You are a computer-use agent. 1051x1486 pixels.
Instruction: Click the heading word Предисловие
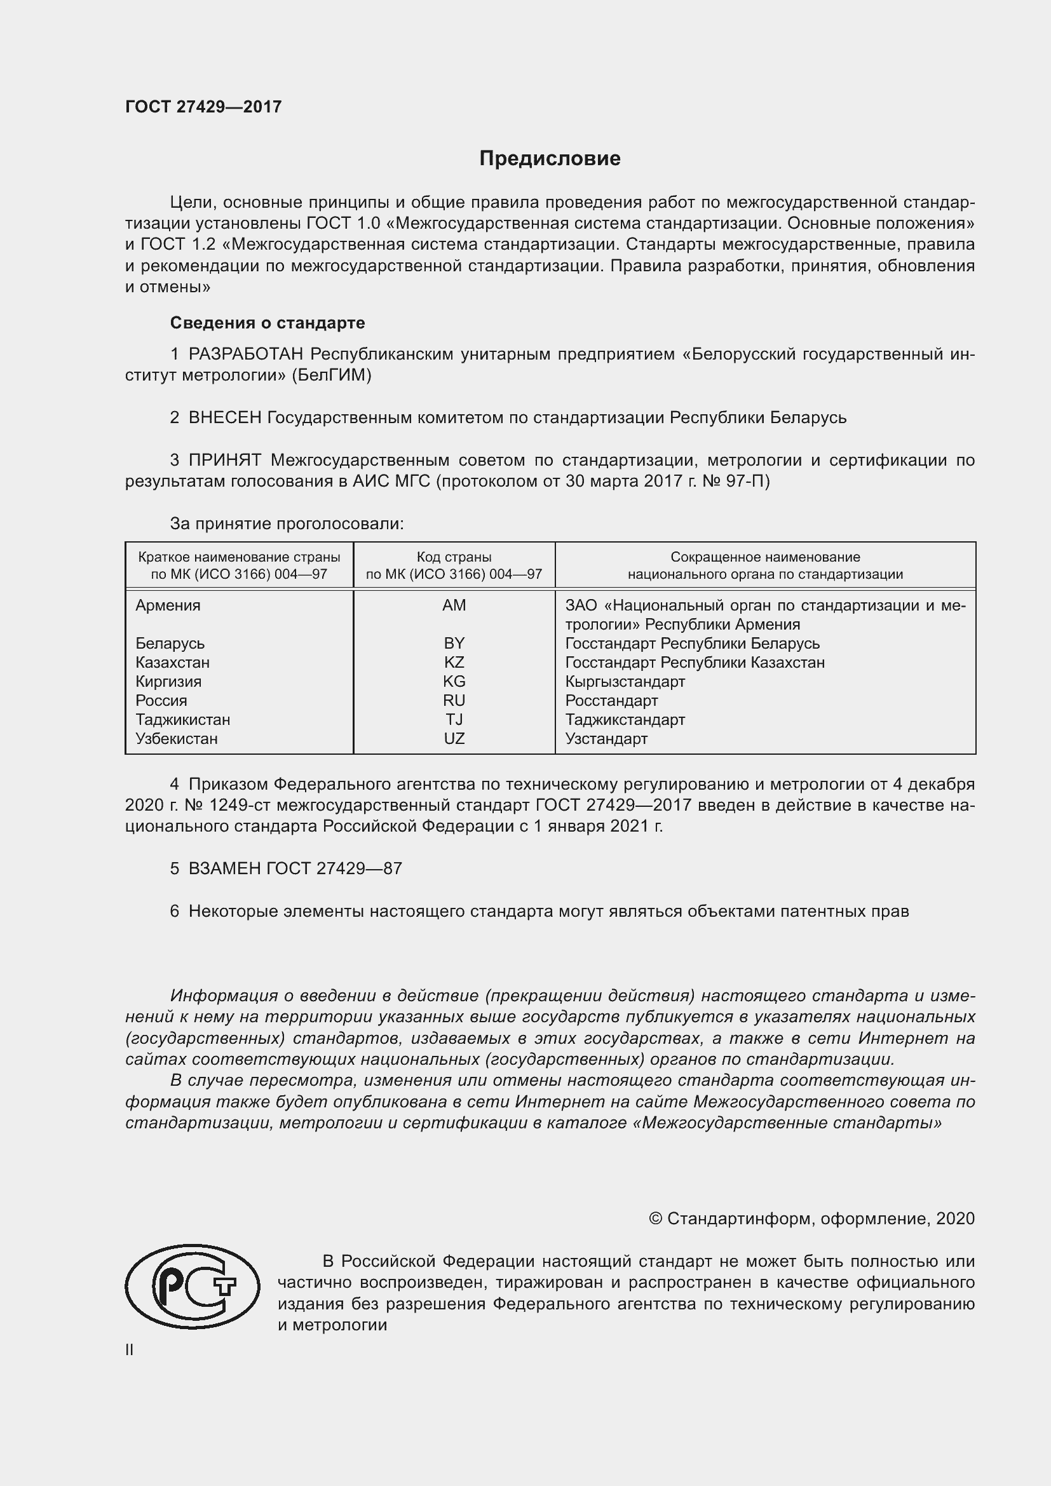(550, 159)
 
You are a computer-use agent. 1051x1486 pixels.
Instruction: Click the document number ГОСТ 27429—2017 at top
(203, 107)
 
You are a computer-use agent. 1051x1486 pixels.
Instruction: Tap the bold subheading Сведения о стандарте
(268, 322)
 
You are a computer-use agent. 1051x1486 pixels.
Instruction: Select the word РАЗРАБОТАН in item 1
(245, 354)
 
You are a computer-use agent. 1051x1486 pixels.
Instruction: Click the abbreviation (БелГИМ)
(331, 375)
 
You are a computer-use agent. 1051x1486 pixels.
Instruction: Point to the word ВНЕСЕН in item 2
(224, 417)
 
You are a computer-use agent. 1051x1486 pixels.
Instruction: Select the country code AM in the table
(454, 605)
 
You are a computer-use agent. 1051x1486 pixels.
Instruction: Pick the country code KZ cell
(454, 662)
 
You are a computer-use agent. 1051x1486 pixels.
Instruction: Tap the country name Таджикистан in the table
(182, 719)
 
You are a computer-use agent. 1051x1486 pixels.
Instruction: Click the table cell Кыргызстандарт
(625, 682)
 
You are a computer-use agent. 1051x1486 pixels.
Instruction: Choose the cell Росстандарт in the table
(611, 700)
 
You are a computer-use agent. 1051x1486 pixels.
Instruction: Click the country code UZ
(454, 738)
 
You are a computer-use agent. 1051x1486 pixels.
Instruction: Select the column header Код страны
(454, 557)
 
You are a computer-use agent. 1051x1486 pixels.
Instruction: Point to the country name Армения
(168, 605)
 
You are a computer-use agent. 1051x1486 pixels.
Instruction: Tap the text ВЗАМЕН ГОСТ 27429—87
(294, 868)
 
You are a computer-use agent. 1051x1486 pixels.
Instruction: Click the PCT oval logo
(192, 1286)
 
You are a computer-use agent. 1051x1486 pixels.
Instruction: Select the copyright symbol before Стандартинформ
(655, 1219)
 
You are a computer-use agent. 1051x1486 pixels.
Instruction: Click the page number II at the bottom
(130, 1349)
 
